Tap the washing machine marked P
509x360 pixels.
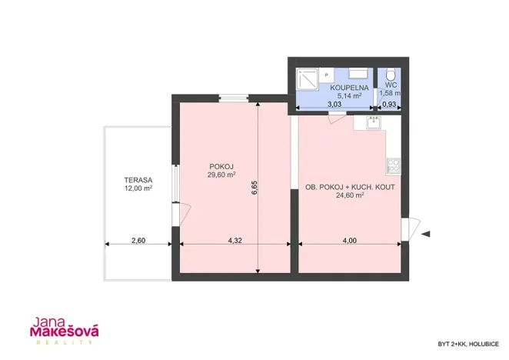tap(327, 75)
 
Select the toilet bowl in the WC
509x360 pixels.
tap(391, 74)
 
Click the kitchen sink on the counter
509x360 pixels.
tap(370, 122)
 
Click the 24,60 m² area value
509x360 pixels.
tap(349, 195)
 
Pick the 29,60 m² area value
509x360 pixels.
tap(221, 175)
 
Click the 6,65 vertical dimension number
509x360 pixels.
tap(254, 187)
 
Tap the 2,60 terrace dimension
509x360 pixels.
tap(138, 241)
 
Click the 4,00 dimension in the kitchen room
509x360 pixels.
tap(349, 241)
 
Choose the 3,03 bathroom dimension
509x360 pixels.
tap(334, 104)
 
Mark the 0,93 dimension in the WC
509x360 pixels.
tap(390, 104)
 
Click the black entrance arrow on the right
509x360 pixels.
tap(427, 233)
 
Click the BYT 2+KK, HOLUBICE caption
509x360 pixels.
tap(467, 343)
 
